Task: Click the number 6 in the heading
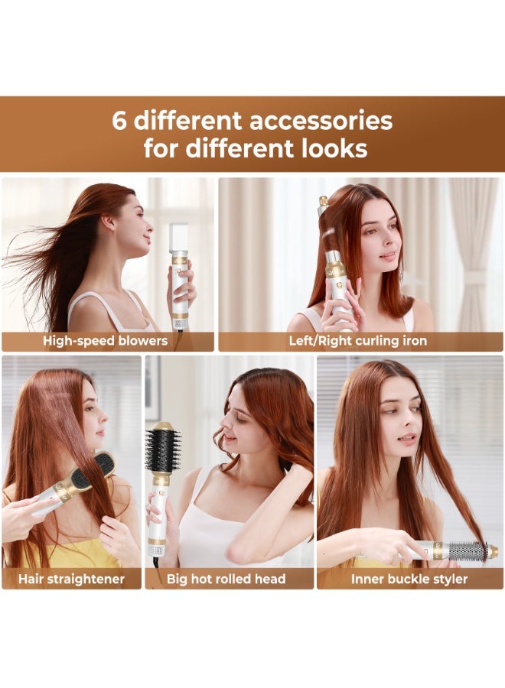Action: [x=119, y=121]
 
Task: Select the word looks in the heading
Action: [x=333, y=148]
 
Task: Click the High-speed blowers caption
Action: [x=105, y=341]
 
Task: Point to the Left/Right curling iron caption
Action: [x=357, y=341]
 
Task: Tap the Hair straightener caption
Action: [x=72, y=579]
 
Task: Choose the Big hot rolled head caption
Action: [x=226, y=579]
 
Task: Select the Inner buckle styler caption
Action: [x=409, y=579]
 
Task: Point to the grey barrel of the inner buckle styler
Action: [x=466, y=550]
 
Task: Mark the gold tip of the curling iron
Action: [x=324, y=201]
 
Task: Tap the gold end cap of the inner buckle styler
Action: [x=492, y=551]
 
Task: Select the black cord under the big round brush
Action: [x=156, y=563]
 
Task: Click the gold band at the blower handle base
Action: [x=181, y=314]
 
